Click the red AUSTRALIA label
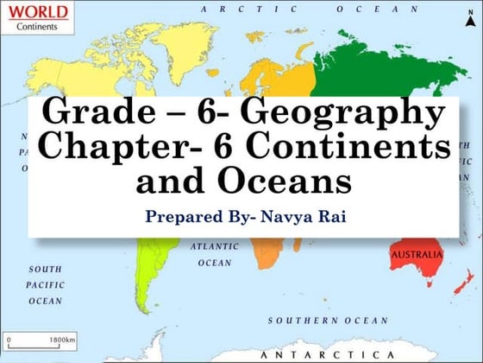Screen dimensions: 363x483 pos(417,256)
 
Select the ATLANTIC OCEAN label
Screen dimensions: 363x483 pos(214,254)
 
